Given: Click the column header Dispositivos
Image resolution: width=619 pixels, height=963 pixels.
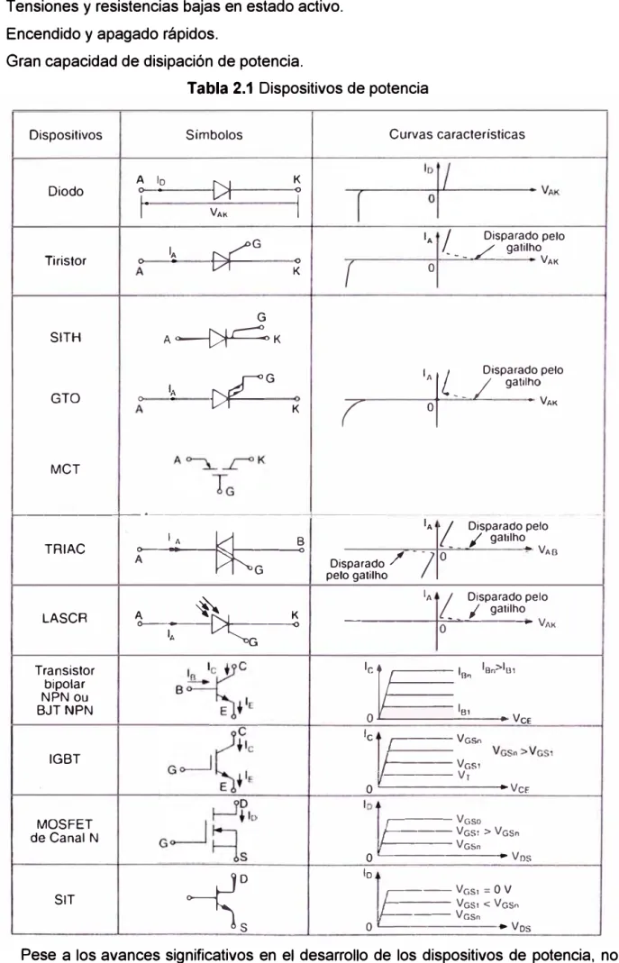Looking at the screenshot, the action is coord(66,134).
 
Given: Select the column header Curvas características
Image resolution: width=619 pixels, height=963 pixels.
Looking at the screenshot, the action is coord(457,134).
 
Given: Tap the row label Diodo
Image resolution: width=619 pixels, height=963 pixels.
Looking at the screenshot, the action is coord(66,192).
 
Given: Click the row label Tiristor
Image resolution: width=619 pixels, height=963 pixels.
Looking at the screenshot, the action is coord(66,261).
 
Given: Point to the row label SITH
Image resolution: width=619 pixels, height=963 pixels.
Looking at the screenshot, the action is coord(66,337).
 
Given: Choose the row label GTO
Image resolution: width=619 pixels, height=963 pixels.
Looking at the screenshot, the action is coord(66,398).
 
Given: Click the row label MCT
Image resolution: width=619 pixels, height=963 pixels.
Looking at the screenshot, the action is coord(66,469).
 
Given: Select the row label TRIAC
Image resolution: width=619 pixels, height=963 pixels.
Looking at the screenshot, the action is coord(66,549).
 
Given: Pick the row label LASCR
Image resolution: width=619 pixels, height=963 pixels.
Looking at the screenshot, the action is coord(65,618).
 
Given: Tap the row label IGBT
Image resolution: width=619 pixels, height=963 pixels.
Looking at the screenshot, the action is coord(65,759).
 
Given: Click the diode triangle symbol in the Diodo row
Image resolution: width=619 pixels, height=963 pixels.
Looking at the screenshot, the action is coord(221,190).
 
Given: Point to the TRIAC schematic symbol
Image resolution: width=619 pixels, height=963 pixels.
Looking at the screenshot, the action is coord(225,550).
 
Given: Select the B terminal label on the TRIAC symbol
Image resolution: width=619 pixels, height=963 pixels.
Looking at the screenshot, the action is coord(301,541).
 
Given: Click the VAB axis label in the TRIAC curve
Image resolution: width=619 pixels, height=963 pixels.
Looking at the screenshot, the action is coord(549,550).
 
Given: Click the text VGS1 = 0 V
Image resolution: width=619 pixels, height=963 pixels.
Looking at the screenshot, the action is coord(484,889).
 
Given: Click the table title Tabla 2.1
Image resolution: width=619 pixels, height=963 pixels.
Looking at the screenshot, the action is coord(222,88).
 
